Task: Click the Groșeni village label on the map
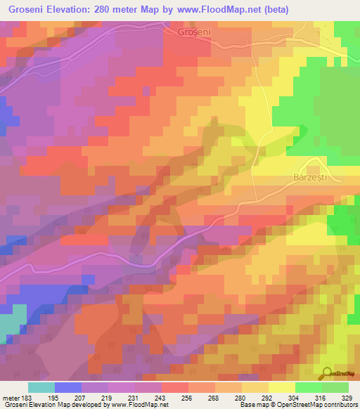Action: pos(195,32)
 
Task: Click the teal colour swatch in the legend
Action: pos(41,387)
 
